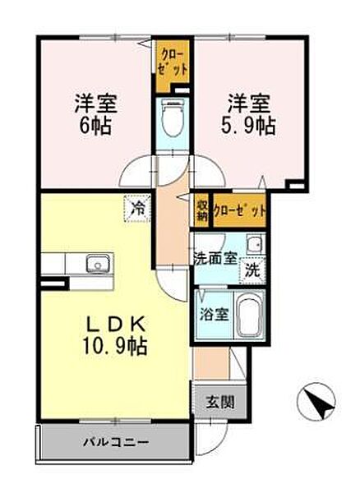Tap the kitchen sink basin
[99, 264]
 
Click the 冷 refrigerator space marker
[136, 208]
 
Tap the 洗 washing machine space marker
[252, 270]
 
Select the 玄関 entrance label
[220, 402]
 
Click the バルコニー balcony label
[116, 443]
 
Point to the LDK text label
[116, 325]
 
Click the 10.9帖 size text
[114, 346]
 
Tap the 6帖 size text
[95, 126]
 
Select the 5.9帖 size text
[247, 126]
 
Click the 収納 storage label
[201, 210]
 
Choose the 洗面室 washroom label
[215, 259]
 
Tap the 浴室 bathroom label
[215, 315]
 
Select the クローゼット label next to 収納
[240, 210]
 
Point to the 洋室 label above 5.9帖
[249, 104]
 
